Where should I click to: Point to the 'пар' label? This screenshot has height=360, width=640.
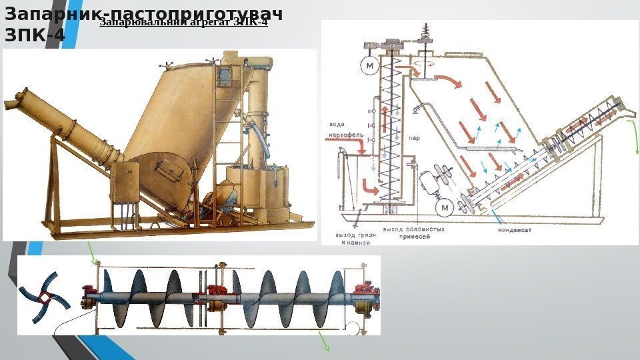click(414, 139)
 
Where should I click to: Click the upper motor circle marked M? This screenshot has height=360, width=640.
click(368, 66)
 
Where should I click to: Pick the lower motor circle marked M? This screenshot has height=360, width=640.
click(443, 209)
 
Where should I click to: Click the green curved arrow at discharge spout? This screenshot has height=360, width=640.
click(635, 143)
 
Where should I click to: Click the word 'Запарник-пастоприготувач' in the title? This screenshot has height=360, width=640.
click(143, 13)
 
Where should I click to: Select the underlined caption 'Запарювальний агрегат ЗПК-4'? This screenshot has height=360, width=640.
click(183, 23)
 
